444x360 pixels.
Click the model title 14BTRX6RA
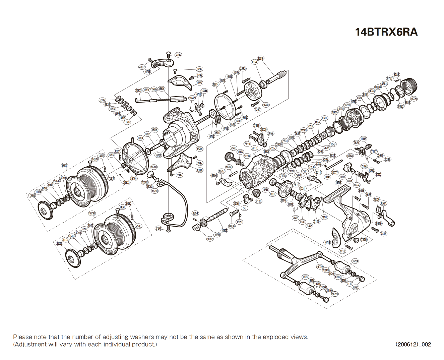click(386, 32)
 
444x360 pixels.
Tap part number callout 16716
click(260, 58)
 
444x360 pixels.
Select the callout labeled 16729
click(414, 99)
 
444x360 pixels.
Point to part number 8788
click(396, 75)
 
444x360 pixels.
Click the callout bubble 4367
click(142, 67)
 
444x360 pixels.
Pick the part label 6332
click(103, 100)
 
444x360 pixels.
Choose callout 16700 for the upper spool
click(65, 166)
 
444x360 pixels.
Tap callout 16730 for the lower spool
click(92, 213)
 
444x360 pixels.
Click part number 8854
click(195, 213)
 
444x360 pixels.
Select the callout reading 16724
click(355, 261)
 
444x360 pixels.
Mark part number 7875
click(364, 240)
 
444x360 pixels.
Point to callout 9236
click(387, 160)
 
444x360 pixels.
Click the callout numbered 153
click(333, 144)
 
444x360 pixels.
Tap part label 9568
click(233, 148)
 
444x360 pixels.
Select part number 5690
click(214, 176)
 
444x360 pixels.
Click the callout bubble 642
click(309, 226)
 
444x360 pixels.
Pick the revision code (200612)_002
click(413, 344)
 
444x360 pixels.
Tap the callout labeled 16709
click(200, 149)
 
